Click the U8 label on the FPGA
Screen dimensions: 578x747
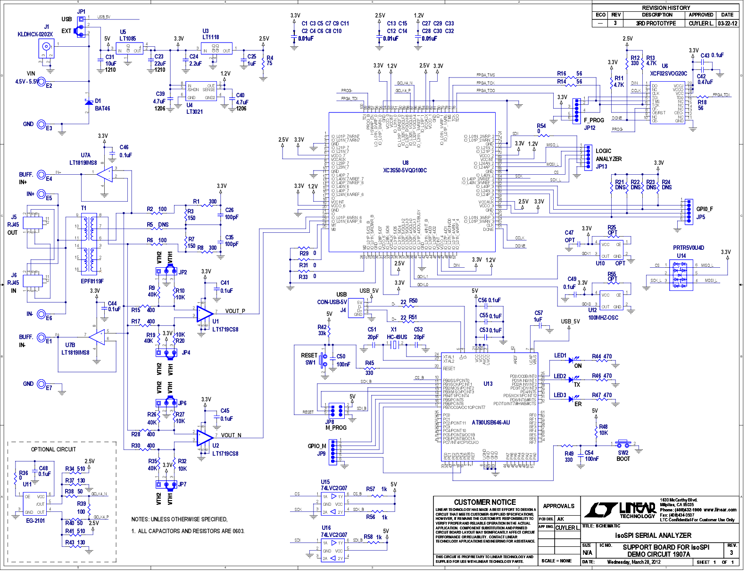point(405,162)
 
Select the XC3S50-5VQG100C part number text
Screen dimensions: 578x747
point(405,170)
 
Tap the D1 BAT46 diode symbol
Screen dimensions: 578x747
point(88,102)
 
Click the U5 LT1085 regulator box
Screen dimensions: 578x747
point(129,49)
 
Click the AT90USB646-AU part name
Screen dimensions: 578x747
point(490,423)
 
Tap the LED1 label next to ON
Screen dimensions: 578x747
point(560,356)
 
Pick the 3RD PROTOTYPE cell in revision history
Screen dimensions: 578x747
point(656,23)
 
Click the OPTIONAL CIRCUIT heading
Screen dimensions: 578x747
point(53,449)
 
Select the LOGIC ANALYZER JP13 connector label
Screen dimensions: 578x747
point(608,159)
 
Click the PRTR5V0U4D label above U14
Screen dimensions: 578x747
point(688,248)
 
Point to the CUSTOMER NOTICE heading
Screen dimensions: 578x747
point(485,502)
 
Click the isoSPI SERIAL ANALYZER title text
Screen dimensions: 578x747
point(653,535)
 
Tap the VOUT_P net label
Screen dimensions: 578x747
point(235,311)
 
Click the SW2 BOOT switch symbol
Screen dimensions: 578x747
point(623,444)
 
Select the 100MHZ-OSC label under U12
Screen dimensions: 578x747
point(603,318)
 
